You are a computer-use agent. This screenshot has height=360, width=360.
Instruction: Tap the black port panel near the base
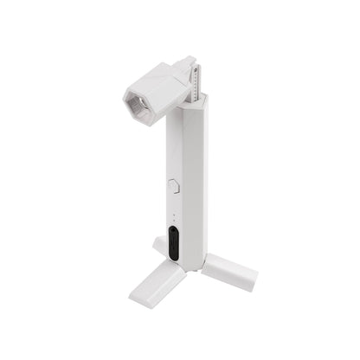174,244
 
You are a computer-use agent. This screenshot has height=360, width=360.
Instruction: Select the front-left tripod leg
157,285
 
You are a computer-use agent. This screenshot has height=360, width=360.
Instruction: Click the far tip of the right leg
252,280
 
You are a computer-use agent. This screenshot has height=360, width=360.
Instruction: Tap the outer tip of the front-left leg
138,299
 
